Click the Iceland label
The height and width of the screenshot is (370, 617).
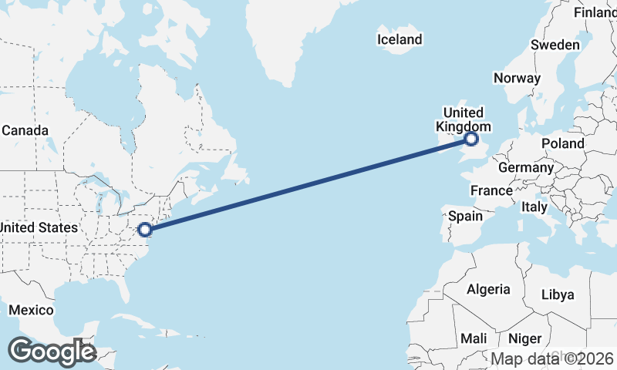tap(400, 39)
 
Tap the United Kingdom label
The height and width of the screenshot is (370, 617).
tap(464, 119)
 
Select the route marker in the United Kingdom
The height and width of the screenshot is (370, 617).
tap(471, 140)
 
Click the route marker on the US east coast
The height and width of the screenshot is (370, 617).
tap(144, 229)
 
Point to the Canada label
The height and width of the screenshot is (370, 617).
tap(25, 130)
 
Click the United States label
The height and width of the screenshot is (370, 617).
tap(39, 227)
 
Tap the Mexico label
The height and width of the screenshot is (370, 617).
tap(31, 310)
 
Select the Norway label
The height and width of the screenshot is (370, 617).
tap(517, 78)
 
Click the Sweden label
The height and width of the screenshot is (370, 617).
tap(555, 45)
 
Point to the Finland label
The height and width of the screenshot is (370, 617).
tap(595, 12)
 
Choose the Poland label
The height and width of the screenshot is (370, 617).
tap(563, 143)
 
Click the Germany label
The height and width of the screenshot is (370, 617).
tap(526, 167)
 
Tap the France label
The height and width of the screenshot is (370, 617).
tap(492, 190)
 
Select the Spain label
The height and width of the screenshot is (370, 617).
tap(466, 216)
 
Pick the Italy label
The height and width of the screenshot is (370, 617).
tap(534, 207)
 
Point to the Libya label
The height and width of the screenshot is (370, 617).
tap(558, 294)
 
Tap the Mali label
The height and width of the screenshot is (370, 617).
tap(474, 338)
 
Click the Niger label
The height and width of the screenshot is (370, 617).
tap(525, 338)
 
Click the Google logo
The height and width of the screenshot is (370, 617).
tap(52, 351)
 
